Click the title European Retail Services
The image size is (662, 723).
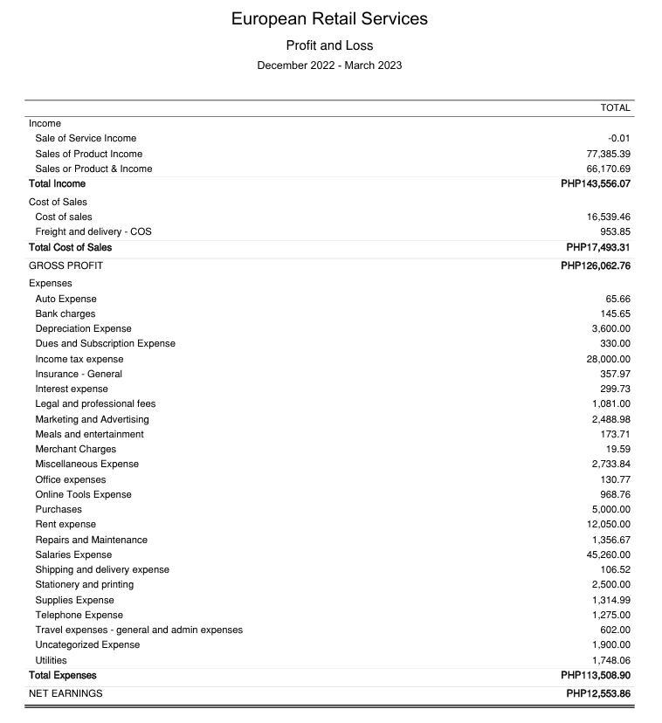click(329, 18)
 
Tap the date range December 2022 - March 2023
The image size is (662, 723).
click(329, 65)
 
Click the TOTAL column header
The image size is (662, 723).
click(615, 107)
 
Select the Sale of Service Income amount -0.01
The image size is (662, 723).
click(618, 138)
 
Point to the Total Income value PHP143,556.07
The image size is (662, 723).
click(595, 184)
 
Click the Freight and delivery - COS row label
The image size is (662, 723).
click(93, 232)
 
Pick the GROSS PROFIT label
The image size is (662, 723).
click(66, 265)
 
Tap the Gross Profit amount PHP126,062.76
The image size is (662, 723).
click(595, 265)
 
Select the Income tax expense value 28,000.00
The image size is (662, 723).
click(608, 359)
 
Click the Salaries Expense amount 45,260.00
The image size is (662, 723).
click(608, 554)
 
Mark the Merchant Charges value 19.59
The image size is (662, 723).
click(617, 449)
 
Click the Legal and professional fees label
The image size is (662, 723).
click(95, 403)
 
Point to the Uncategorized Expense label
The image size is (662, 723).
click(87, 644)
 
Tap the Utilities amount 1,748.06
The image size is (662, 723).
click(610, 660)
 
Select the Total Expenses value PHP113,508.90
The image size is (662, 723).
click(595, 675)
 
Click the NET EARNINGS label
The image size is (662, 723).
click(66, 693)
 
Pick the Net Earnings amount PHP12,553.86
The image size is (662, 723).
click(597, 693)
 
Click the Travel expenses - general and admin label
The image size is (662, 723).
click(139, 630)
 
